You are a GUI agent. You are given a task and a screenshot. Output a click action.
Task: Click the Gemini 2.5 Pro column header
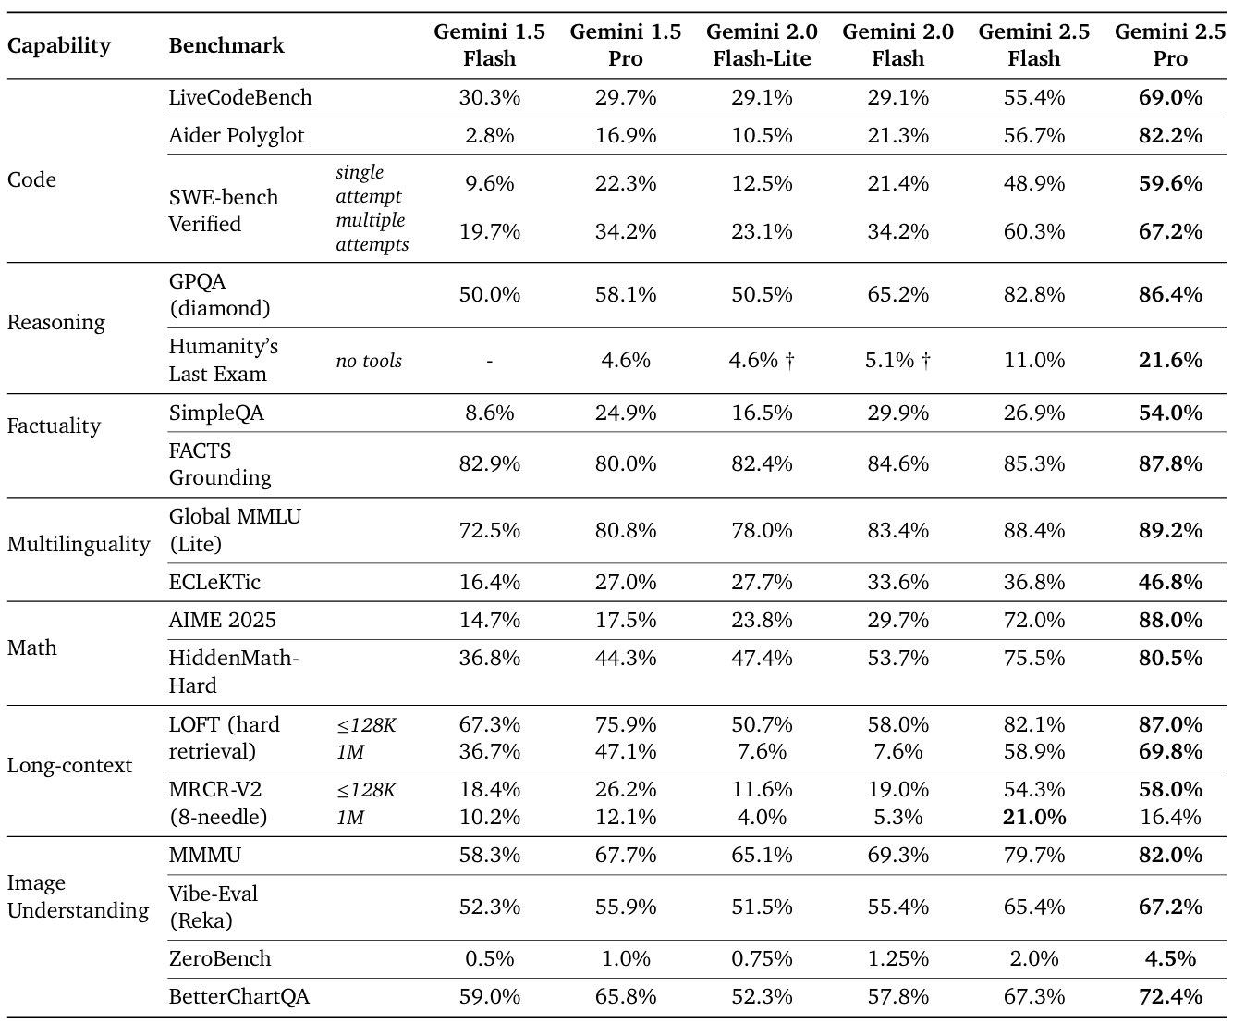click(x=1170, y=45)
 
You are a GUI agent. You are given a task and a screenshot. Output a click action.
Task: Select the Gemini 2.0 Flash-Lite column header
click(x=762, y=45)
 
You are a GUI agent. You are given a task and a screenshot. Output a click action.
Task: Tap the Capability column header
click(x=58, y=46)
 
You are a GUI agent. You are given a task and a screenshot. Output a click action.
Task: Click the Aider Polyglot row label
click(x=237, y=136)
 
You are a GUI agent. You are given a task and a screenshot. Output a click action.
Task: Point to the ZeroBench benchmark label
click(x=220, y=958)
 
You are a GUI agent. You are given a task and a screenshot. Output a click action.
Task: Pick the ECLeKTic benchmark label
click(x=214, y=582)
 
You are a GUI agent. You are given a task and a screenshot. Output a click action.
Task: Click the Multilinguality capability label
click(x=79, y=544)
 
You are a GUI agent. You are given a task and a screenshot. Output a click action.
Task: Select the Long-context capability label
click(x=69, y=766)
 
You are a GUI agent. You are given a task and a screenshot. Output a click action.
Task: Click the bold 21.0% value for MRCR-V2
click(x=1034, y=817)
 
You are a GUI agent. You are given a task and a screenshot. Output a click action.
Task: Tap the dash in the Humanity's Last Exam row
click(x=490, y=361)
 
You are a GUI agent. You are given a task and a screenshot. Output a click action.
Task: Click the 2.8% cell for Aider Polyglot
click(x=490, y=136)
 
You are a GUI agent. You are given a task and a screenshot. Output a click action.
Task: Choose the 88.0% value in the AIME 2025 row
click(x=1170, y=621)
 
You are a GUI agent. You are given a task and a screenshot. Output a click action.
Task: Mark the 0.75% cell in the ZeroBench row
click(x=762, y=958)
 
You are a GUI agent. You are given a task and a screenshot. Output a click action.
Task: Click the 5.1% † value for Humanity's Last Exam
click(x=898, y=361)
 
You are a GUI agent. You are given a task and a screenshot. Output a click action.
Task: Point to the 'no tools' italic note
click(x=369, y=361)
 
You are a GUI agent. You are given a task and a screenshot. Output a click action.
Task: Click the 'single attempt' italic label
click(x=369, y=184)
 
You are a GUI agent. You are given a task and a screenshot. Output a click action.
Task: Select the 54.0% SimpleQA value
click(x=1170, y=413)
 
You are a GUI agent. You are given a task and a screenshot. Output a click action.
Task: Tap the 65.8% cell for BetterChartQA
click(x=626, y=997)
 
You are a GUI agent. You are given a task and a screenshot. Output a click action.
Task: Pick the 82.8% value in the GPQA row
click(x=1034, y=295)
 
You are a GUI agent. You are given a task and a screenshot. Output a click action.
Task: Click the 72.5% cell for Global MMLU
click(x=490, y=531)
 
